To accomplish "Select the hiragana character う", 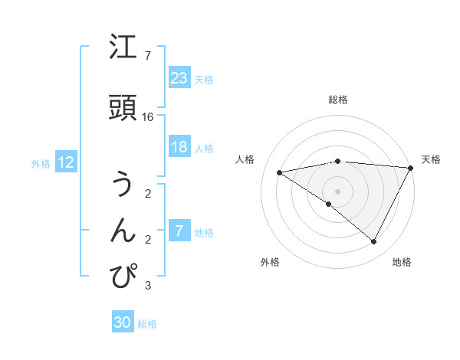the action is coord(123,184).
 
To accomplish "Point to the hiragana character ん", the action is coord(123,229).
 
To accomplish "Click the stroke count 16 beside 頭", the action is coord(148,117).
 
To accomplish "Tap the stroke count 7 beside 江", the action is coord(147,56).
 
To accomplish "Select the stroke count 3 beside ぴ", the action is coord(147,286).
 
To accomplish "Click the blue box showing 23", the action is coord(179,78).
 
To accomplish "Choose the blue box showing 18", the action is coord(179,147).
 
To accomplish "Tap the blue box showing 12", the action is coord(65,162).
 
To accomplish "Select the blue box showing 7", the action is coord(179,231).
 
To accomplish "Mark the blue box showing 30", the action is coord(122,322).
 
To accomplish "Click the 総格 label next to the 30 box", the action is coord(147,324).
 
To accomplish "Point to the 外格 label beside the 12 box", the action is coord(41,163).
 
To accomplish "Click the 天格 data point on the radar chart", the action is coord(411,168).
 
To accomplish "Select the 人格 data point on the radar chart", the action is coord(279,172).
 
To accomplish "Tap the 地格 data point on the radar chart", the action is coord(374,242).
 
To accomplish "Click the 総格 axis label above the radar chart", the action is coord(337,100).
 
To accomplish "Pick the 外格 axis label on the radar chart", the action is coord(270,263).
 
